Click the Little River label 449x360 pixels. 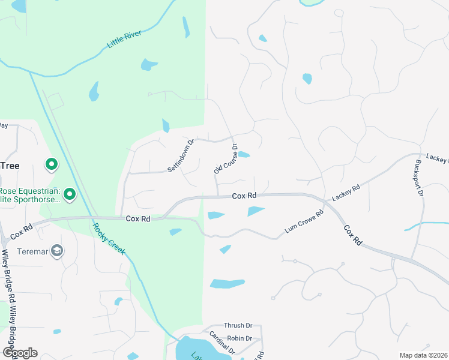[x=124, y=39]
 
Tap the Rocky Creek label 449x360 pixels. [x=109, y=239]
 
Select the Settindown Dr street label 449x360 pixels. [x=181, y=157]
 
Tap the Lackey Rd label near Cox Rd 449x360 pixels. [x=348, y=192]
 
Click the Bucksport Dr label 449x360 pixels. [x=419, y=178]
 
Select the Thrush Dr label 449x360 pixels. [x=234, y=326]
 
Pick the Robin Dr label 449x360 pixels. [x=240, y=338]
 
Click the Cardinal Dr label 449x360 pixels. [x=221, y=343]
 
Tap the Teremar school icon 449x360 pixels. [x=58, y=251]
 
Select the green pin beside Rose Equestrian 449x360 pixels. [x=70, y=194]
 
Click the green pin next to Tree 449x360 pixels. [x=52, y=164]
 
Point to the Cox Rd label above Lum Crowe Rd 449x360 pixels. [x=244, y=196]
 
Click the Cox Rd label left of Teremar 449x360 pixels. [x=20, y=230]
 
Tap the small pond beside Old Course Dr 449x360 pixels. [x=244, y=155]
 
